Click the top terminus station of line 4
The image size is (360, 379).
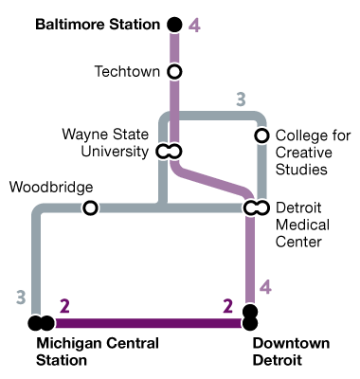[174, 25]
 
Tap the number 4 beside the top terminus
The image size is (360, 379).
[194, 26]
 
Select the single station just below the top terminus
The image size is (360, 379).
[174, 71]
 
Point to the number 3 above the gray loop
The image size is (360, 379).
[241, 99]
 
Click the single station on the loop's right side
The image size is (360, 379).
[262, 135]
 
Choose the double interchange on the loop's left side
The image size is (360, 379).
[169, 152]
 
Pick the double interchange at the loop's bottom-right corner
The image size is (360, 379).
[257, 208]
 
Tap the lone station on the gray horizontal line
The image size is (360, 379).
[90, 208]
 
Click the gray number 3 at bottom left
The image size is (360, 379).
[21, 298]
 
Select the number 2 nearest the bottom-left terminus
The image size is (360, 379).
[64, 306]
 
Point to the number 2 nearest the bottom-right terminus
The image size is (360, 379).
[227, 306]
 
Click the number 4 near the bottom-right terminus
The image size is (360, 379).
[266, 287]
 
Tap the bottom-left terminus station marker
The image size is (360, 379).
[41, 323]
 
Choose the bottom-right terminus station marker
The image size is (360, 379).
[250, 317]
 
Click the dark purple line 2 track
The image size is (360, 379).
[142, 323]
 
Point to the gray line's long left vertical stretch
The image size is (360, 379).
[37, 265]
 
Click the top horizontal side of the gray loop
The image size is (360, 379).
[213, 116]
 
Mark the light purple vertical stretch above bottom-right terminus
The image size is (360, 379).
[250, 261]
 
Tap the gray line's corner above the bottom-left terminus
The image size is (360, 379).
[39, 210]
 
